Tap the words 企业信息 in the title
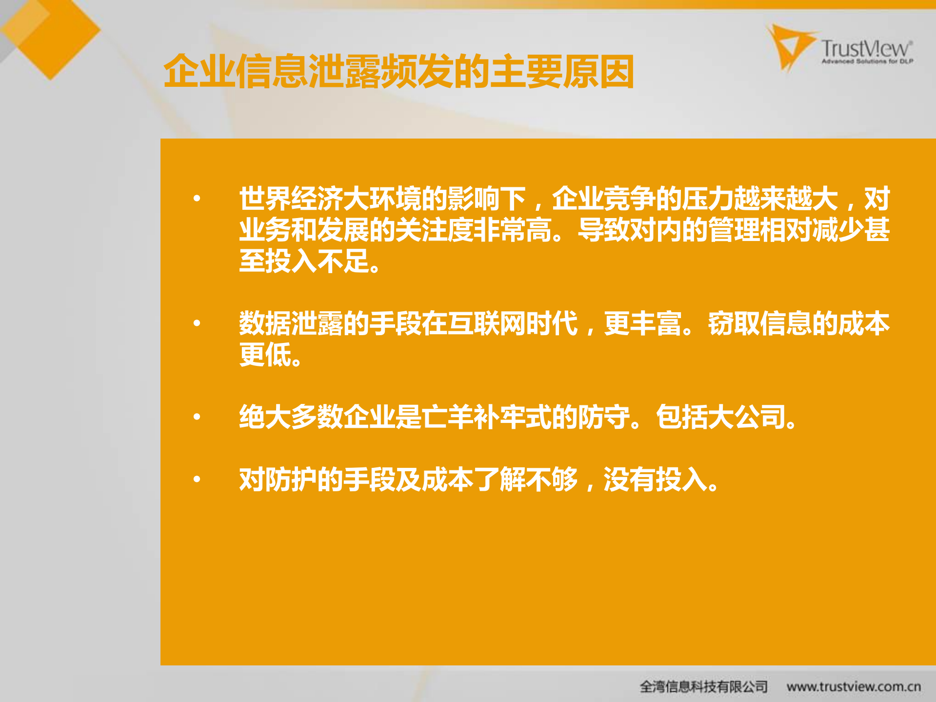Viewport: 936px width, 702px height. pos(235,72)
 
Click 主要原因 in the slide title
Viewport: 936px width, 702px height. pos(562,72)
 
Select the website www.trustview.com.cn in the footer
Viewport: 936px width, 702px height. pos(854,686)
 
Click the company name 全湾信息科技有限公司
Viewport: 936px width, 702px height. pos(703,686)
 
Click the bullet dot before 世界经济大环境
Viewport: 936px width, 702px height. pos(197,198)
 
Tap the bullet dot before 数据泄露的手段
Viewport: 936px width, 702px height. pos(197,323)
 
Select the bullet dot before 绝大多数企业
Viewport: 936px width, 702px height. pos(197,417)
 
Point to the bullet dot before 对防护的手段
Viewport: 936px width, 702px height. pos(197,479)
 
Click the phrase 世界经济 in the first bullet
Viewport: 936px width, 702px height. pos(291,199)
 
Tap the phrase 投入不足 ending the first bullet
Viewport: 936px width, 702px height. pos(317,261)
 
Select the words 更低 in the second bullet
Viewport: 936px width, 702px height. pos(265,355)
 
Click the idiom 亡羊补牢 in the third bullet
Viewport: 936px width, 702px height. pos(473,417)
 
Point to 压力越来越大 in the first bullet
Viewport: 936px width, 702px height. pos(759,199)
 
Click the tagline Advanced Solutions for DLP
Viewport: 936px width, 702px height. pos(867,61)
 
